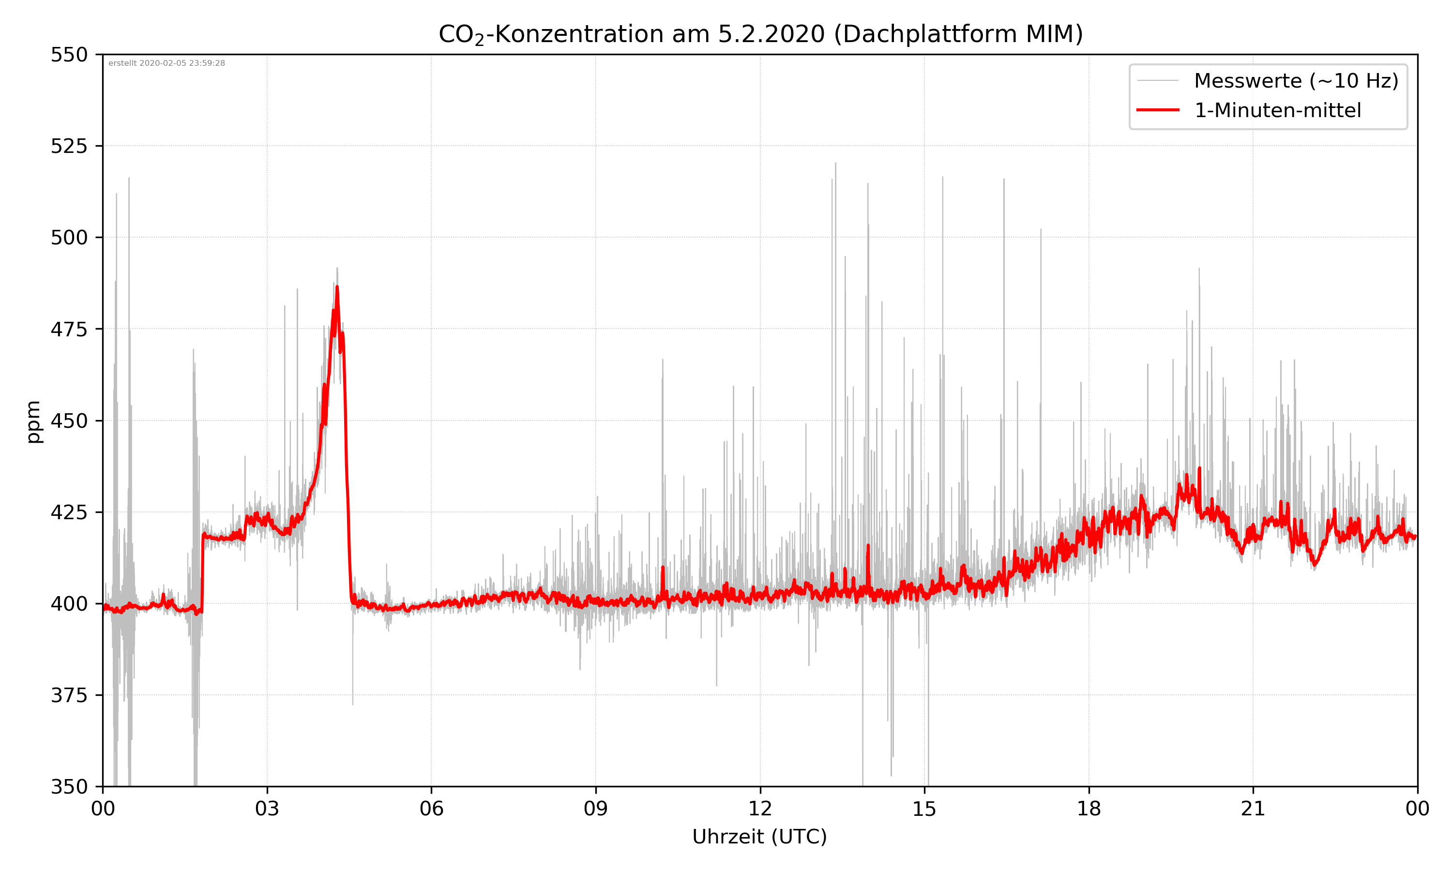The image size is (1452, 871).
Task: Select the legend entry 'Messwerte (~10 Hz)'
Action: point(1296,81)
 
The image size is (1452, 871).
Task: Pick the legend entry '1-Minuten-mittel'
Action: point(1278,110)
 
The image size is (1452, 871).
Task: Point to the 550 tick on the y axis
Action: point(69,55)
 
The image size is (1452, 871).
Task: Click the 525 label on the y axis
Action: point(69,146)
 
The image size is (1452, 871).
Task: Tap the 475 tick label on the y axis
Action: point(69,329)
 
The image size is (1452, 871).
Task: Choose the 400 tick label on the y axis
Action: point(69,604)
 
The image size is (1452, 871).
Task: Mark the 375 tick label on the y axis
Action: point(69,695)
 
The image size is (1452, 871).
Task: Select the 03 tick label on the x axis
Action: point(267,809)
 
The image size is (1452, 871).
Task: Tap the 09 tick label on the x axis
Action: point(596,809)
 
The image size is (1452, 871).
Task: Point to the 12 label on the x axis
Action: point(760,809)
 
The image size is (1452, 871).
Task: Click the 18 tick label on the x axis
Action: point(1089,809)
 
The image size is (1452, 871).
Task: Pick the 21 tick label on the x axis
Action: point(1253,809)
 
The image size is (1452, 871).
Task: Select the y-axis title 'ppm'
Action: point(33,421)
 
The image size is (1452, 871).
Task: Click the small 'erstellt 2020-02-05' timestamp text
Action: point(166,63)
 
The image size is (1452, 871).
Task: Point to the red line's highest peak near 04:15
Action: point(337,287)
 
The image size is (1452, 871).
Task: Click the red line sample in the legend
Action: point(1157,110)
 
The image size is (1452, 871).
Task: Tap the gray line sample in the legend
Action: point(1157,81)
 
